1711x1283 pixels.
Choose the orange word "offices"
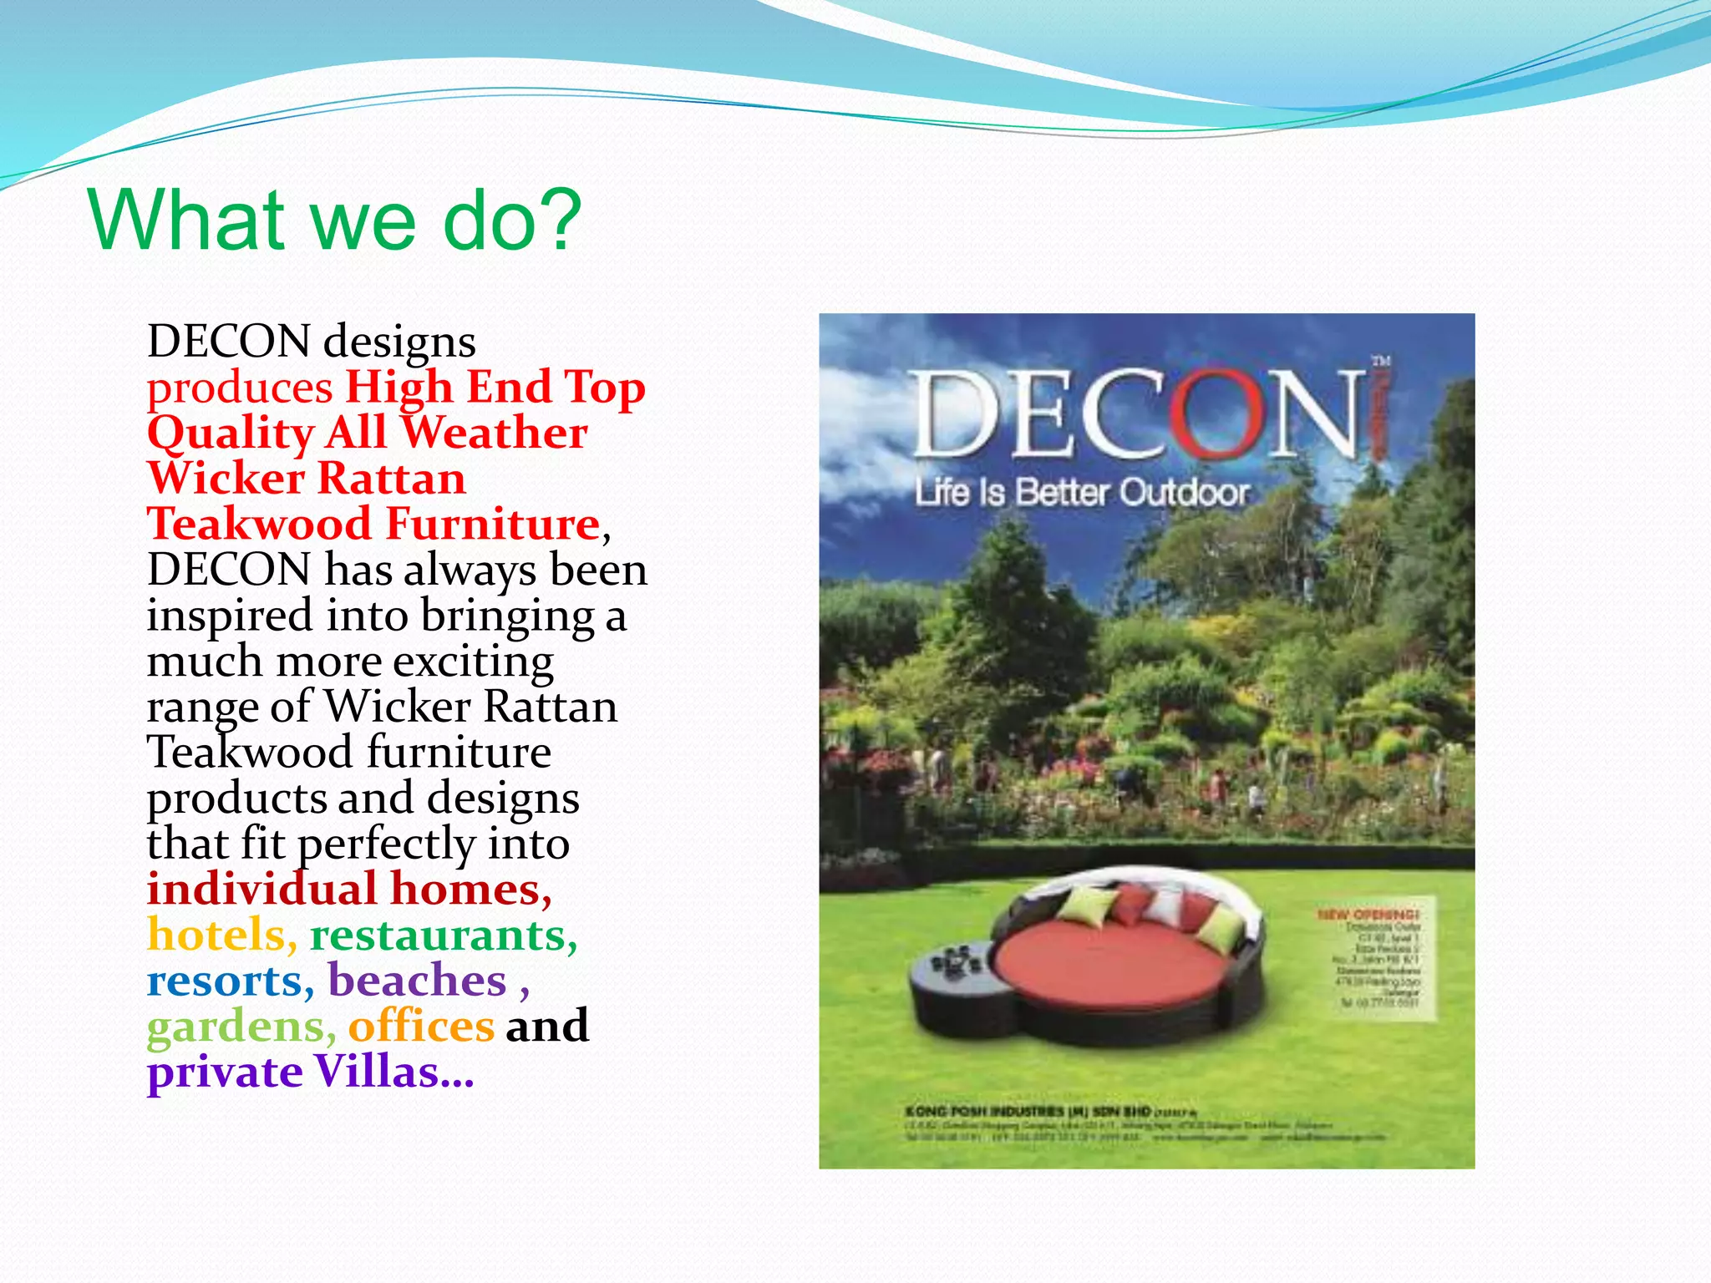[421, 1027]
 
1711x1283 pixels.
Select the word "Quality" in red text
[230, 434]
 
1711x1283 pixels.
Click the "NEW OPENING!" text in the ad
[1368, 914]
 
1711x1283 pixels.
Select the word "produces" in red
[240, 388]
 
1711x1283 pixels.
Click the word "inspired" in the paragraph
[230, 616]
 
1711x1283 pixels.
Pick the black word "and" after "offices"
[547, 1027]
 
